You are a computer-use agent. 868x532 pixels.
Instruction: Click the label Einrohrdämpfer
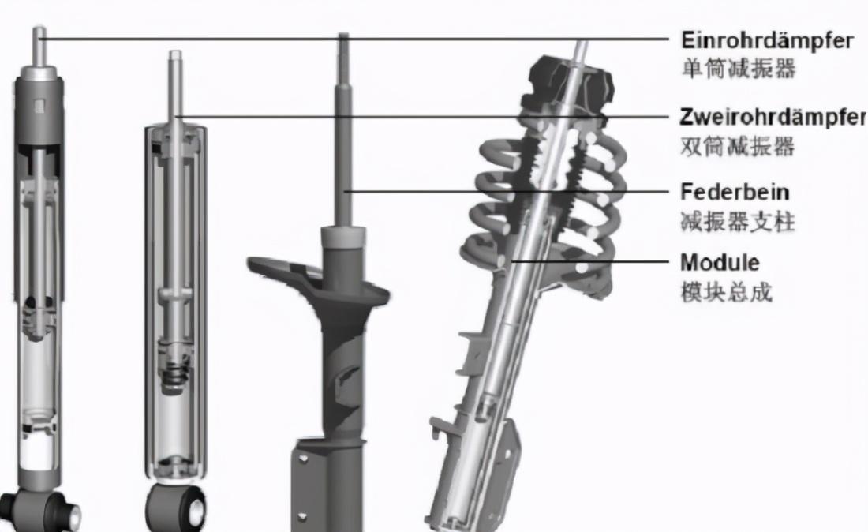point(767,40)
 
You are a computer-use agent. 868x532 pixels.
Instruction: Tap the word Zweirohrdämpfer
point(773,117)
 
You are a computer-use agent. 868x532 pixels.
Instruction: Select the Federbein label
point(735,192)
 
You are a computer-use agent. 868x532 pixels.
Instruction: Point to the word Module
point(720,262)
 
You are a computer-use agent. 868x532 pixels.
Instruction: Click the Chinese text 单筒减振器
point(739,69)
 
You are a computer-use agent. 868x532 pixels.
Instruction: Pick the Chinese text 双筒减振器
point(737,146)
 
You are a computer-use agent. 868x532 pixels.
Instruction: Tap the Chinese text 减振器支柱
point(737,222)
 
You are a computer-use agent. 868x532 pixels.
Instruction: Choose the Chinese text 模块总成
point(726,292)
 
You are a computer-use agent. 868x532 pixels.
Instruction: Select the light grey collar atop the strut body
point(343,237)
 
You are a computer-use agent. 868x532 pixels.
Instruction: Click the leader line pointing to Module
point(590,260)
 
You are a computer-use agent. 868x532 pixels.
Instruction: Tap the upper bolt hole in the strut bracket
point(302,459)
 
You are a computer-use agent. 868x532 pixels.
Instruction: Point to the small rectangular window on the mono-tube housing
point(39,107)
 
